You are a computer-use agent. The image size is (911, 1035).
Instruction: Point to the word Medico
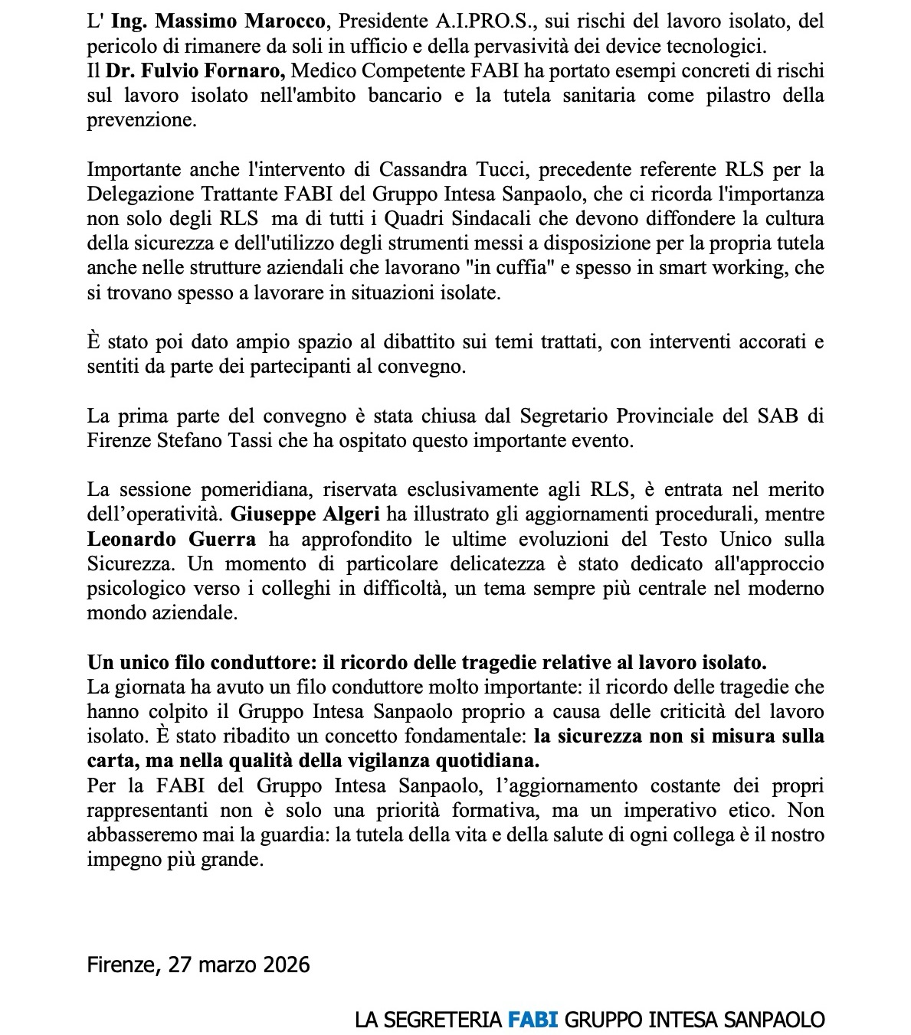pyautogui.click(x=325, y=71)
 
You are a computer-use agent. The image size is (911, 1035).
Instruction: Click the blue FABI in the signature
pyautogui.click(x=532, y=1019)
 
